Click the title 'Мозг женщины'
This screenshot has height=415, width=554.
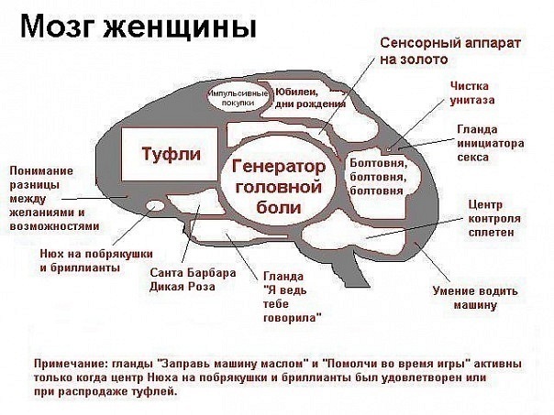tap(138, 27)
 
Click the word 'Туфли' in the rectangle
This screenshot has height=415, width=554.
tap(171, 154)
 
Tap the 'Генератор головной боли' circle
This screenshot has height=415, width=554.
tap(279, 186)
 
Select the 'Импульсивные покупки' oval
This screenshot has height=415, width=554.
tap(238, 98)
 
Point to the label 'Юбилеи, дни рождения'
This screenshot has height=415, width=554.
tap(310, 98)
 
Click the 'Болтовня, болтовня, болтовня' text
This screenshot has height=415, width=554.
tap(379, 177)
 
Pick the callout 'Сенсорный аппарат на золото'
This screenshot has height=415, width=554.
tap(450, 51)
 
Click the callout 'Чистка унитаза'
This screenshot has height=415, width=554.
tap(472, 93)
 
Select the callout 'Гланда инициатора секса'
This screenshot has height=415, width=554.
tap(491, 143)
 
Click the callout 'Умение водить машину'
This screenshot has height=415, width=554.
tap(475, 298)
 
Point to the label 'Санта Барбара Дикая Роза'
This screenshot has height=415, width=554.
tap(193, 279)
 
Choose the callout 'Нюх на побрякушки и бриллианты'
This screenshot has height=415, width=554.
tap(96, 260)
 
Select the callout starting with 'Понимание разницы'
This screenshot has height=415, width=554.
tap(54, 198)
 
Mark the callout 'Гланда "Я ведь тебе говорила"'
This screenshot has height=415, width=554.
tap(292, 297)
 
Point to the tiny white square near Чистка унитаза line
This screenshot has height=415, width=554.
tap(389, 149)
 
